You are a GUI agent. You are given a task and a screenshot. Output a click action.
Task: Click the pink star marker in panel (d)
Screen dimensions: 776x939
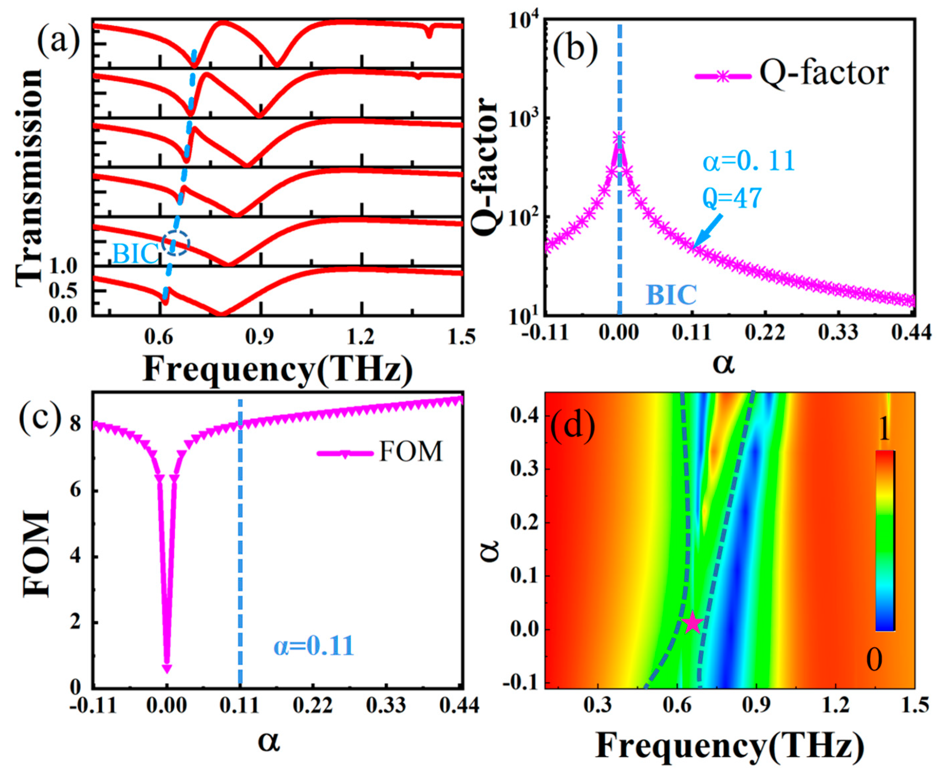(x=692, y=623)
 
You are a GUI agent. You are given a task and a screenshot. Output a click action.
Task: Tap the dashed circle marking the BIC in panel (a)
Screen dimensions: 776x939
(x=176, y=243)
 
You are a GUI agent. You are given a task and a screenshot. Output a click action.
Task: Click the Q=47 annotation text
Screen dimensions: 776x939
(x=732, y=198)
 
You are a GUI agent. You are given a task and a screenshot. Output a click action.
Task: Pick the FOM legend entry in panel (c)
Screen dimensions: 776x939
(x=380, y=453)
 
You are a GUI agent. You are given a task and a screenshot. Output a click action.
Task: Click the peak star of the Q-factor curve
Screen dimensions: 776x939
(x=619, y=138)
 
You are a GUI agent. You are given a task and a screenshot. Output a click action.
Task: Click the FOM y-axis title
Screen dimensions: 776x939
(x=36, y=554)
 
